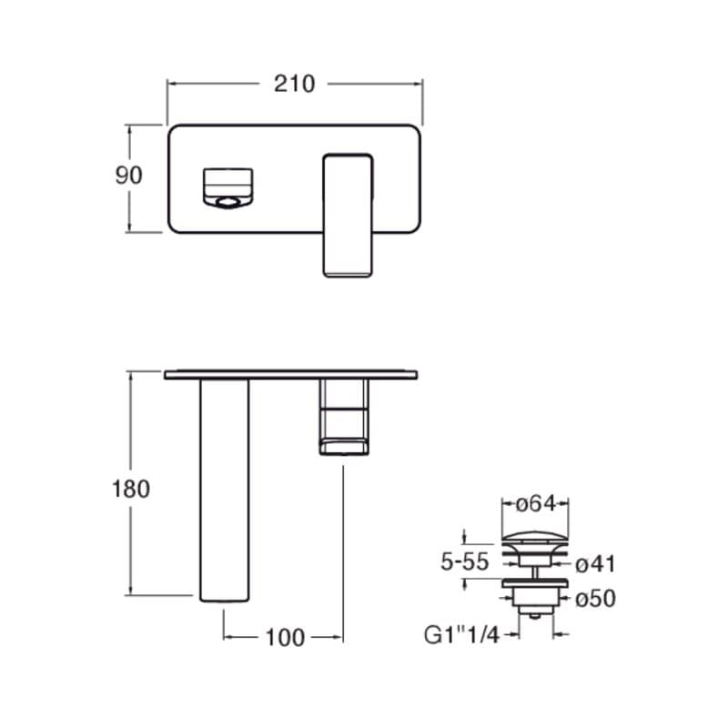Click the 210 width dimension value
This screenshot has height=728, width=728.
pos(294,84)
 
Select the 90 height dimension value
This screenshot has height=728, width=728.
pos(128,175)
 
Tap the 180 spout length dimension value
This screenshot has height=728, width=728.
pos(131,489)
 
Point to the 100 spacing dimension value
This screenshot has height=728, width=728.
pos(285,638)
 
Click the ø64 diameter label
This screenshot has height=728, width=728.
pos(536,504)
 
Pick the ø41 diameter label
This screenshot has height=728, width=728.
pos(595,564)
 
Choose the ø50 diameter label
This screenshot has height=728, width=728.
pos(596,599)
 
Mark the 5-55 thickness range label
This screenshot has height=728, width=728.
pos(465,561)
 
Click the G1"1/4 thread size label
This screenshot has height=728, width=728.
pos(461,634)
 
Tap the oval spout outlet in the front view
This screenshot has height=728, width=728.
pos(227,202)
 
